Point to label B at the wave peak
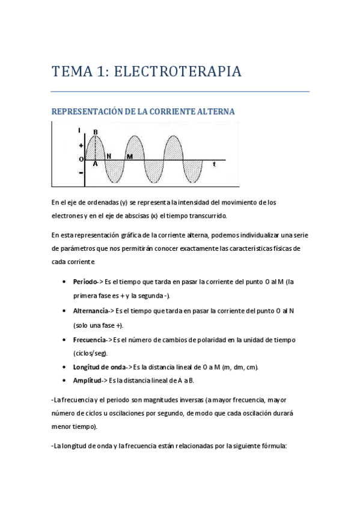[96, 132]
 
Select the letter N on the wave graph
[109, 156]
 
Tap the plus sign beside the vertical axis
[81, 146]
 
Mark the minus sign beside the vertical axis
[81, 173]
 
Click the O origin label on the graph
[81, 159]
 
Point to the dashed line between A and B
[96, 148]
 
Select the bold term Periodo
[85, 282]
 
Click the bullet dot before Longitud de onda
[64, 367]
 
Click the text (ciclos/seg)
[91, 353]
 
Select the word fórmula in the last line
[273, 446]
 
